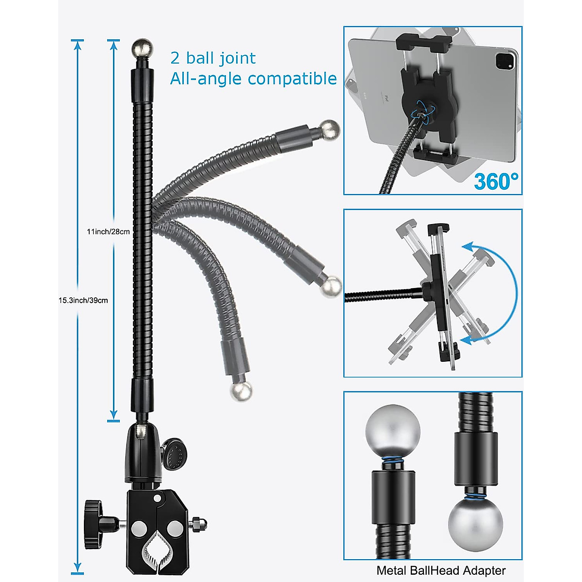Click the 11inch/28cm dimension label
pos(108,232)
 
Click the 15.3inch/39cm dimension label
pos(83,301)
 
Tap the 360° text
pos(496,181)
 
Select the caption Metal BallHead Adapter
pos(441,571)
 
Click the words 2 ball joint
pos(212,58)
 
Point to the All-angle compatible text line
pos(253,79)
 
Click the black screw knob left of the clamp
pos(92,524)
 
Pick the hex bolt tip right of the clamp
pos(199,524)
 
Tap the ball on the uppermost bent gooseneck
pos(330,130)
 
